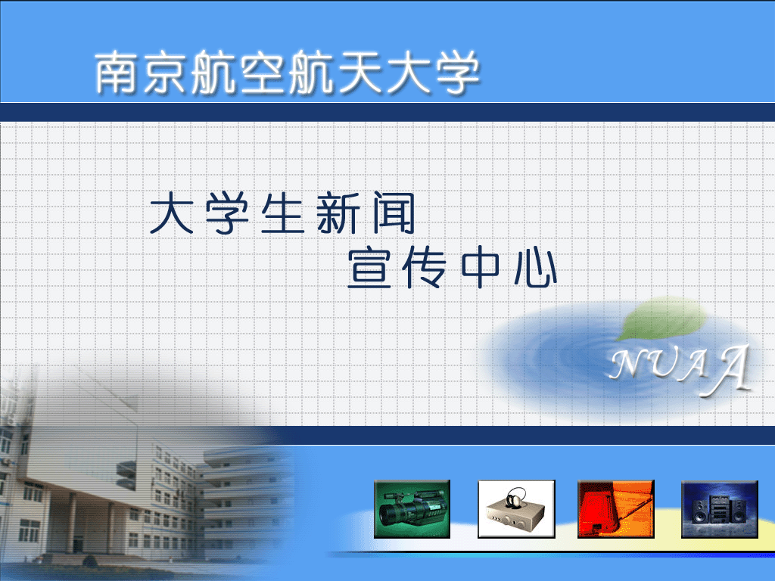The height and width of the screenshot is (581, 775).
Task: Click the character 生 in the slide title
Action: click(282, 213)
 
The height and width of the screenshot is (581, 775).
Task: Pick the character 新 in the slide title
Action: click(338, 213)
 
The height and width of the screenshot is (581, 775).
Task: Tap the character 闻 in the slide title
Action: click(394, 213)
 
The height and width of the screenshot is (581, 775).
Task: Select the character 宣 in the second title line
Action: click(369, 269)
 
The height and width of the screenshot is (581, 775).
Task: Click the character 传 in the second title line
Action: click(424, 269)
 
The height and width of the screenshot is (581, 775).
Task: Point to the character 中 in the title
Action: click(480, 269)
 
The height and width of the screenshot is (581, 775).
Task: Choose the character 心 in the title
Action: click(536, 269)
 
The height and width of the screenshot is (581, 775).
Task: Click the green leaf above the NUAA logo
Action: click(661, 318)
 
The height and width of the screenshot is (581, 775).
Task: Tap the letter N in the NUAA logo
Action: click(630, 365)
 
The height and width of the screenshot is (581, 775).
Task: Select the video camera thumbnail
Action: click(412, 509)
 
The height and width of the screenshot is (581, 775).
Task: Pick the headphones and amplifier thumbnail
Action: click(516, 509)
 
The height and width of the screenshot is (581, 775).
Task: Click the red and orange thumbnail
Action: click(616, 509)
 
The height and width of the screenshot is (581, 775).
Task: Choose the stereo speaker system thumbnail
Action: click(720, 509)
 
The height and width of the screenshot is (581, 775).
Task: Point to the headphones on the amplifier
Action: click(515, 497)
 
